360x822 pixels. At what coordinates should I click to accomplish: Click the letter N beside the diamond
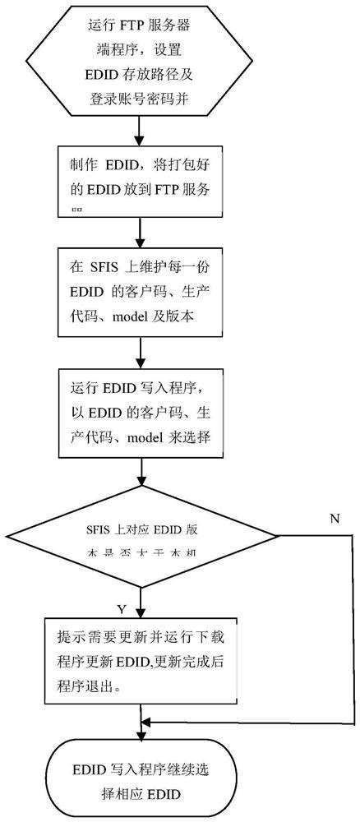[333, 519]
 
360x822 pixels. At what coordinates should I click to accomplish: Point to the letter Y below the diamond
[121, 609]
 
